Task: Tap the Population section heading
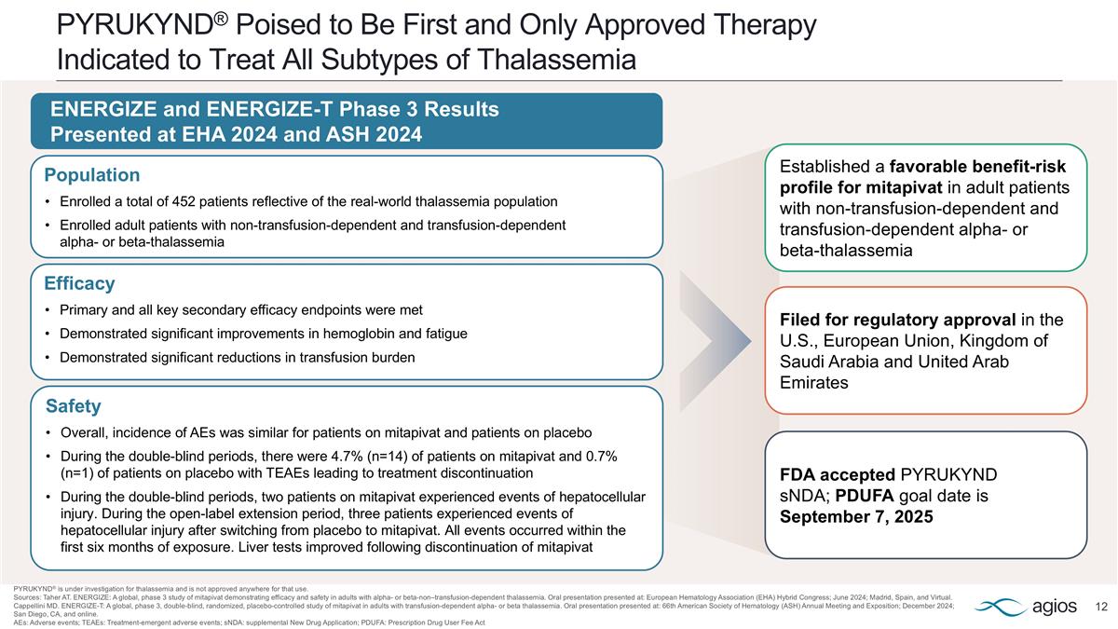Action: click(x=92, y=175)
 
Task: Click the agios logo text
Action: click(x=1056, y=608)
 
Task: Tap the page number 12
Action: click(x=1101, y=608)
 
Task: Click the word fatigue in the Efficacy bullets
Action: click(x=445, y=334)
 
